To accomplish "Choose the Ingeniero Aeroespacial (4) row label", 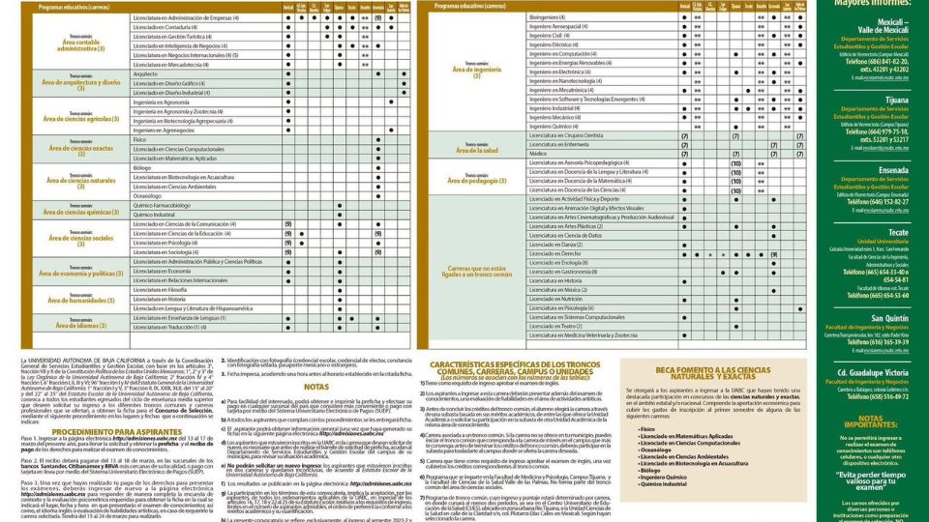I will [x=557, y=26].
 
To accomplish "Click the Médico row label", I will [x=538, y=154].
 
